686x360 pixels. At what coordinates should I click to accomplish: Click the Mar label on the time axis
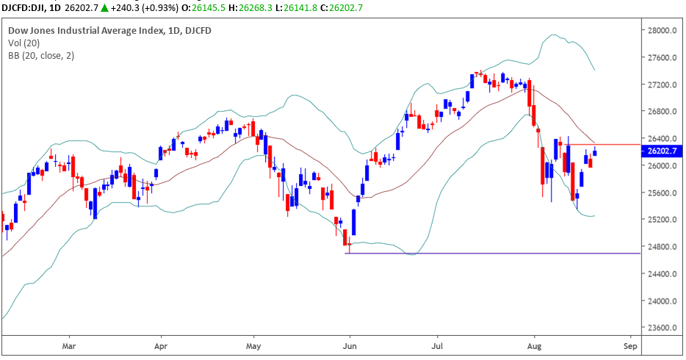[x=69, y=344]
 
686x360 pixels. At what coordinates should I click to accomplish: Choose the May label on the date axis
[x=253, y=344]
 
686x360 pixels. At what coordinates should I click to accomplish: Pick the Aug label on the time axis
[x=534, y=344]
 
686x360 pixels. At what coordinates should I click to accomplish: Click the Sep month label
[x=629, y=344]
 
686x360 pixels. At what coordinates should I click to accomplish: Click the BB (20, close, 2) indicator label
[x=41, y=55]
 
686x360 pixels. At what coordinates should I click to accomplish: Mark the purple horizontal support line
[x=499, y=253]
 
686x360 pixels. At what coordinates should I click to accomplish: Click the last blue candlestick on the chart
[x=594, y=153]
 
